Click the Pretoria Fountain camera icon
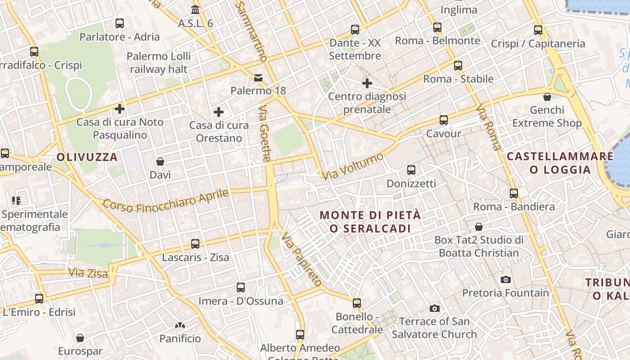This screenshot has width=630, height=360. (x=506, y=279)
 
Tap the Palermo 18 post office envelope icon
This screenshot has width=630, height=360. (x=258, y=78)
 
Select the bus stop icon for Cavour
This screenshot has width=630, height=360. (x=444, y=120)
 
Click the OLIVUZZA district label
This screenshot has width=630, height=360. (x=87, y=157)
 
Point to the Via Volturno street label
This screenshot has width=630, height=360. (x=353, y=166)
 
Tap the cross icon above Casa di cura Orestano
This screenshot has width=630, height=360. (x=219, y=112)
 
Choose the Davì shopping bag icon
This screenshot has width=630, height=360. (x=160, y=162)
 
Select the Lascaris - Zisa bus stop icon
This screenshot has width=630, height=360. (x=195, y=244)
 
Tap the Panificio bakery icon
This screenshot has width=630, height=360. (x=180, y=325)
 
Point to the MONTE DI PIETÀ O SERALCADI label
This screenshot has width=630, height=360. (x=370, y=222)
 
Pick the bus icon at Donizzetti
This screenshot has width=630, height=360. (x=411, y=170)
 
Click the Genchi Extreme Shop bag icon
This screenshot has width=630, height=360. (x=547, y=97)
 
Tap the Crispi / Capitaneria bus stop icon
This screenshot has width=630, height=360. (x=538, y=30)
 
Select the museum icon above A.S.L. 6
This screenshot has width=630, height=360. (x=195, y=9)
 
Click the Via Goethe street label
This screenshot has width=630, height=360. (x=266, y=134)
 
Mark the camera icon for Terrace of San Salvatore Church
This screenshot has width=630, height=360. (x=434, y=308)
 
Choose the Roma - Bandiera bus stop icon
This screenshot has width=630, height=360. (x=514, y=193)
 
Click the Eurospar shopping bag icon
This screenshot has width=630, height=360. (x=80, y=338)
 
